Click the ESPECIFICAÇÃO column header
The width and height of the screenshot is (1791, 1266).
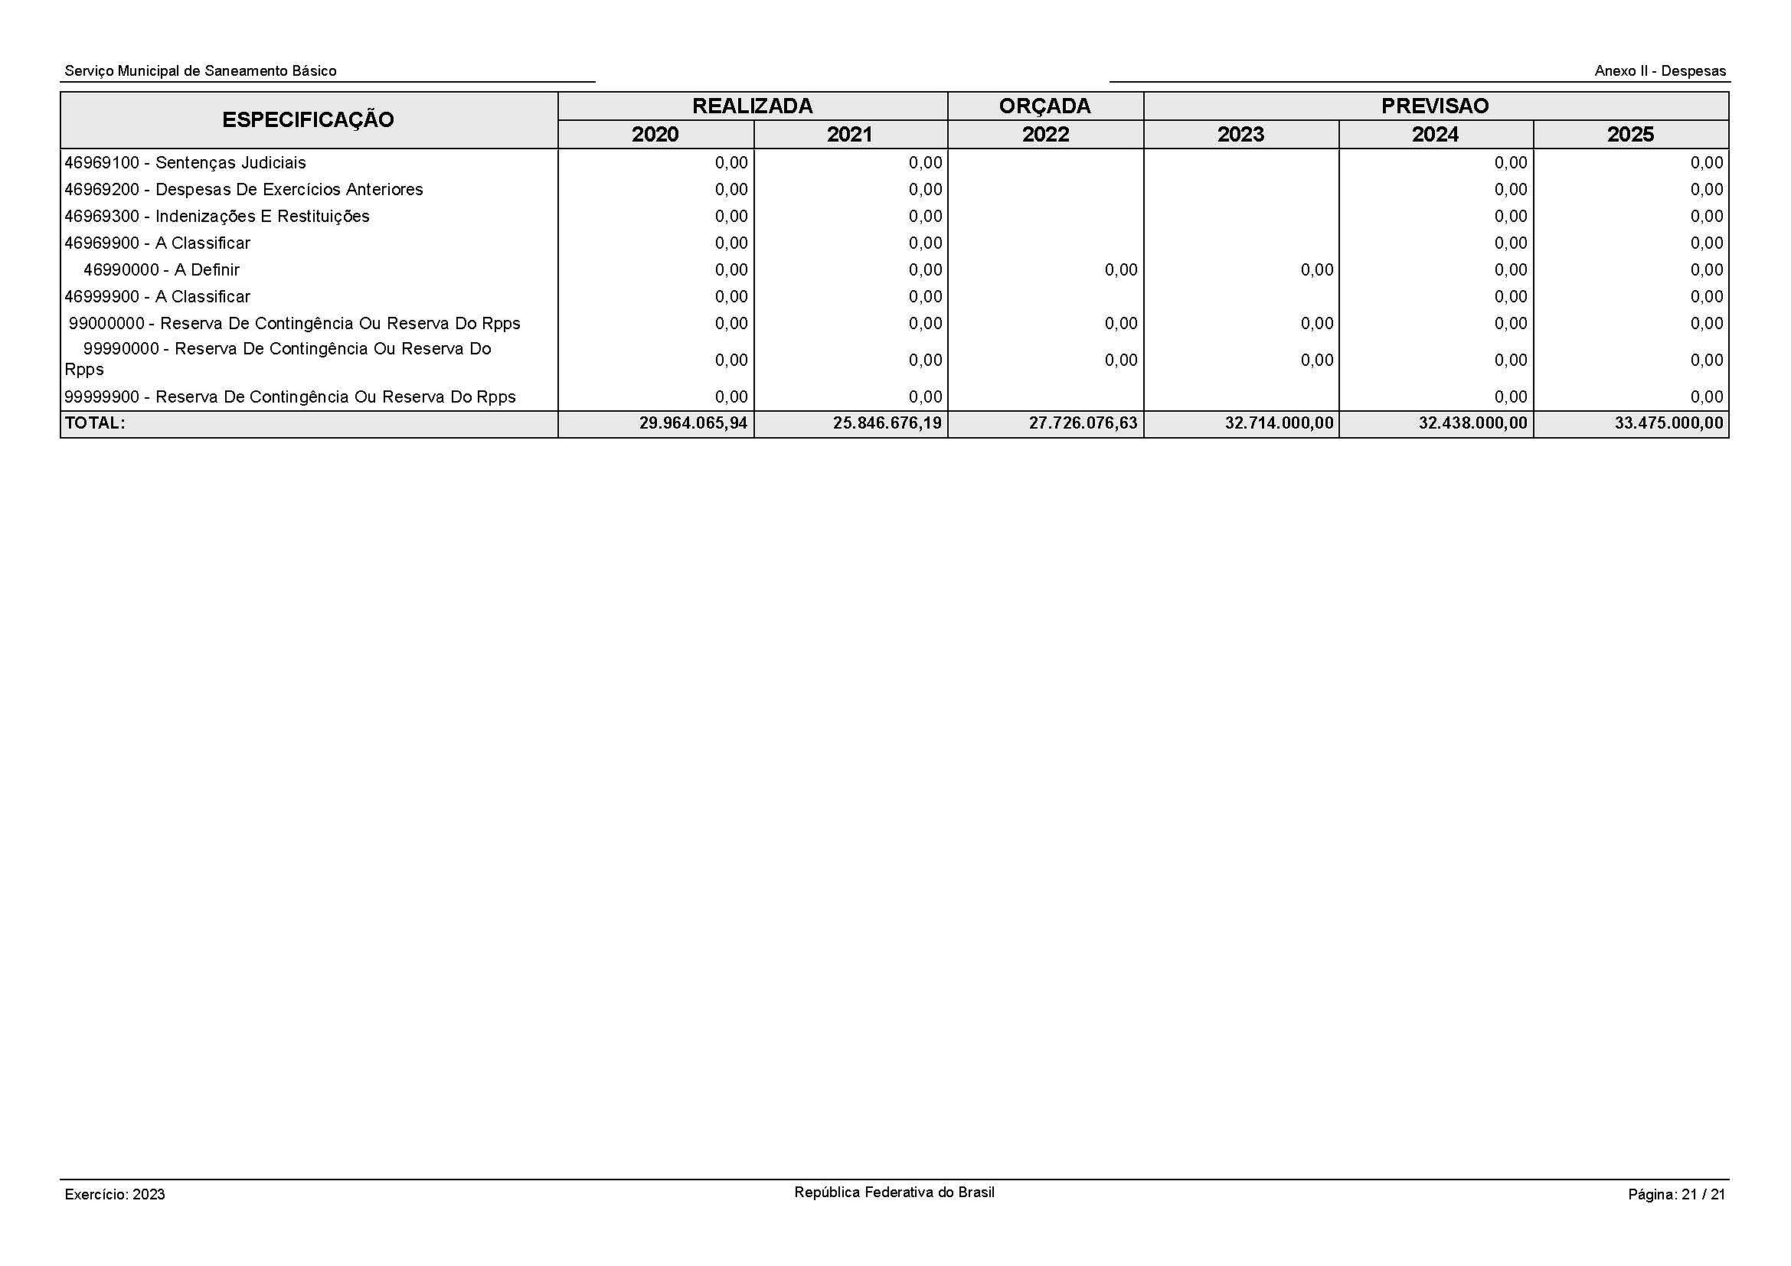click(308, 120)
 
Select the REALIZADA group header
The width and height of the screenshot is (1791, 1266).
click(752, 106)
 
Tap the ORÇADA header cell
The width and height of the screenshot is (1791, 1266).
click(1044, 106)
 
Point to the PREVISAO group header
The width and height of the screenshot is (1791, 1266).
click(1434, 106)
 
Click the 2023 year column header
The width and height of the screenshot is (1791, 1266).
click(1240, 135)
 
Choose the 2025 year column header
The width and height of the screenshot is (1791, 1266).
click(1630, 135)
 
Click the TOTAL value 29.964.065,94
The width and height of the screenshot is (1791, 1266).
click(693, 424)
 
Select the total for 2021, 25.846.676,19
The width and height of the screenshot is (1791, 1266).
click(887, 424)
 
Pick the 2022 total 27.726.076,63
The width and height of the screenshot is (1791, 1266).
click(1083, 424)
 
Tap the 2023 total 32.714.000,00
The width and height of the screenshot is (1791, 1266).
click(1279, 424)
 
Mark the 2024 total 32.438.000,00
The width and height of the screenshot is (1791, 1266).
click(1472, 424)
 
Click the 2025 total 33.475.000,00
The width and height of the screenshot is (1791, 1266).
click(1668, 424)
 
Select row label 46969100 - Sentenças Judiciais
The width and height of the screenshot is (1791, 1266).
click(185, 163)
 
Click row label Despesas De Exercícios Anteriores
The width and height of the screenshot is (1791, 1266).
click(243, 189)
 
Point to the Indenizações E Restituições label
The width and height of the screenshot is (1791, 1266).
click(217, 217)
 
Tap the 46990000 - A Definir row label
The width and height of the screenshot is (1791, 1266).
click(162, 269)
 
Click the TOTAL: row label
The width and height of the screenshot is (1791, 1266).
click(94, 423)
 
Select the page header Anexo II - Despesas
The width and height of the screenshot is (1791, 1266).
click(1660, 71)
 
